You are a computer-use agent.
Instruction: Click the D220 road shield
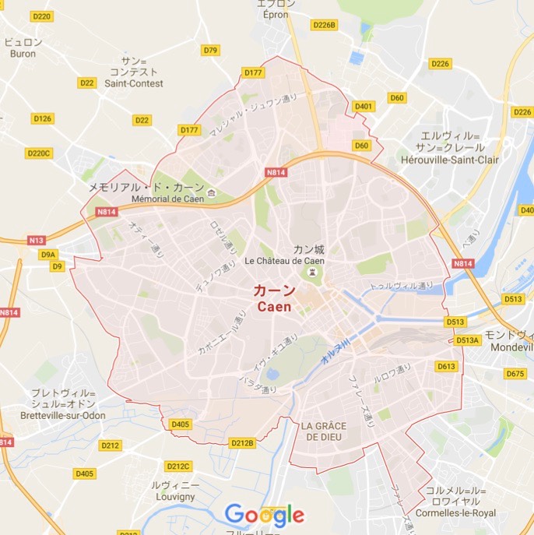pyautogui.click(x=42, y=16)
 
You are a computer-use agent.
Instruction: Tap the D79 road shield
pyautogui.click(x=210, y=50)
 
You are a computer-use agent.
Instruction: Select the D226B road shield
pyautogui.click(x=324, y=25)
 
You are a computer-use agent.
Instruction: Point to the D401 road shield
pyautogui.click(x=363, y=106)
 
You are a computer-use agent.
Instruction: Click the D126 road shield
pyautogui.click(x=42, y=118)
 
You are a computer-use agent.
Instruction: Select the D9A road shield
pyautogui.click(x=48, y=254)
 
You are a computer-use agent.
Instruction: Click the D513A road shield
pyautogui.click(x=468, y=340)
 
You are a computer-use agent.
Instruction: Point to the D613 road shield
pyautogui.click(x=446, y=366)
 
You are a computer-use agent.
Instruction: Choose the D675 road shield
pyautogui.click(x=515, y=374)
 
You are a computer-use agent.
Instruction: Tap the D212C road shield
pyautogui.click(x=177, y=466)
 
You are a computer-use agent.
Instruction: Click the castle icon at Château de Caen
pyautogui.click(x=312, y=273)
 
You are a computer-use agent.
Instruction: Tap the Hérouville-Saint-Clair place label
pyautogui.click(x=450, y=160)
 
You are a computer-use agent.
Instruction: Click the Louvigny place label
pyautogui.click(x=171, y=495)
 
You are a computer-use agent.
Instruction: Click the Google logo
pyautogui.click(x=265, y=515)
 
